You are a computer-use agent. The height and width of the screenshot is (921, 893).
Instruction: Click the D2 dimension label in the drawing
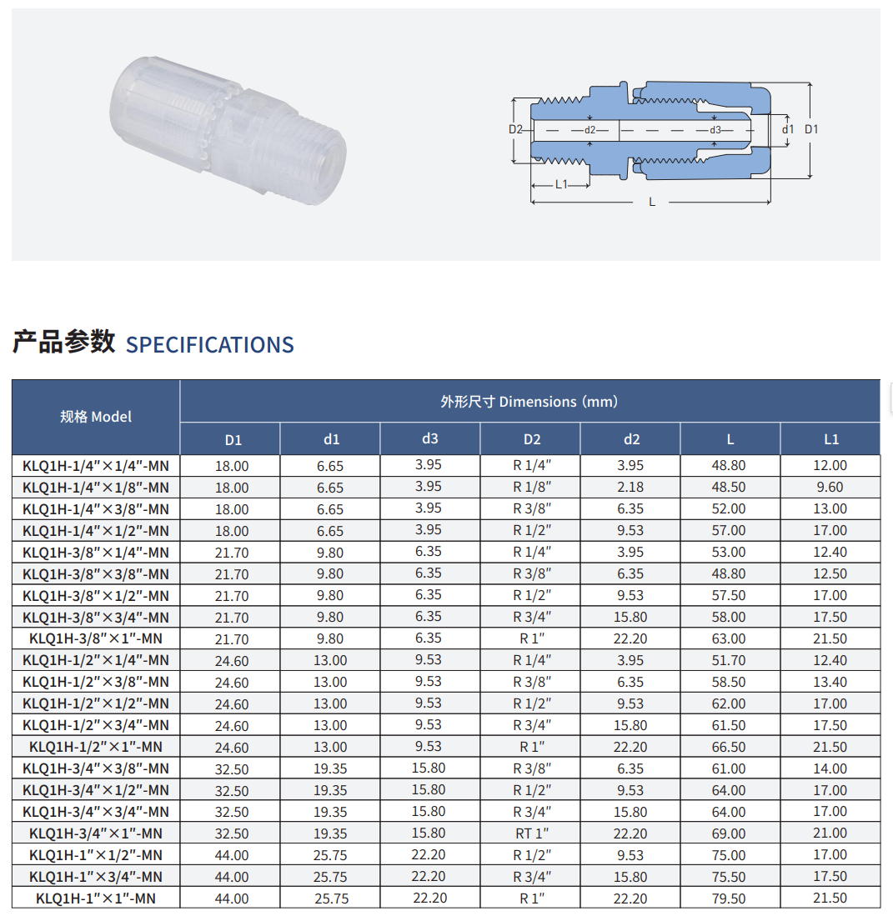click(x=515, y=129)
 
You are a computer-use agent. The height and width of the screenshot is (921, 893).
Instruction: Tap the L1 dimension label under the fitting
click(x=561, y=184)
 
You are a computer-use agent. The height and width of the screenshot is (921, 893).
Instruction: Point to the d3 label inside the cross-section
click(x=715, y=130)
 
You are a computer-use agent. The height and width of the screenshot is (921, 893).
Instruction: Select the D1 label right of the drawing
click(x=811, y=129)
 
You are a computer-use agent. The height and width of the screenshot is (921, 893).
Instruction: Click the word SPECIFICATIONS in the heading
click(x=210, y=345)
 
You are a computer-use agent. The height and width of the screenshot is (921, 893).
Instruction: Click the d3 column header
click(x=430, y=438)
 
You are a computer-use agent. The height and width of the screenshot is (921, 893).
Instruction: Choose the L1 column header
click(x=831, y=438)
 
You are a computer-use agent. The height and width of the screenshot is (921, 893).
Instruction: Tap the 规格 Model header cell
click(x=96, y=417)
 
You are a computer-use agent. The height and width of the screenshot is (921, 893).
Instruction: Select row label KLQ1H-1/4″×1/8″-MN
click(x=96, y=488)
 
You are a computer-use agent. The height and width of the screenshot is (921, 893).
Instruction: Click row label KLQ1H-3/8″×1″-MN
click(x=96, y=638)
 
